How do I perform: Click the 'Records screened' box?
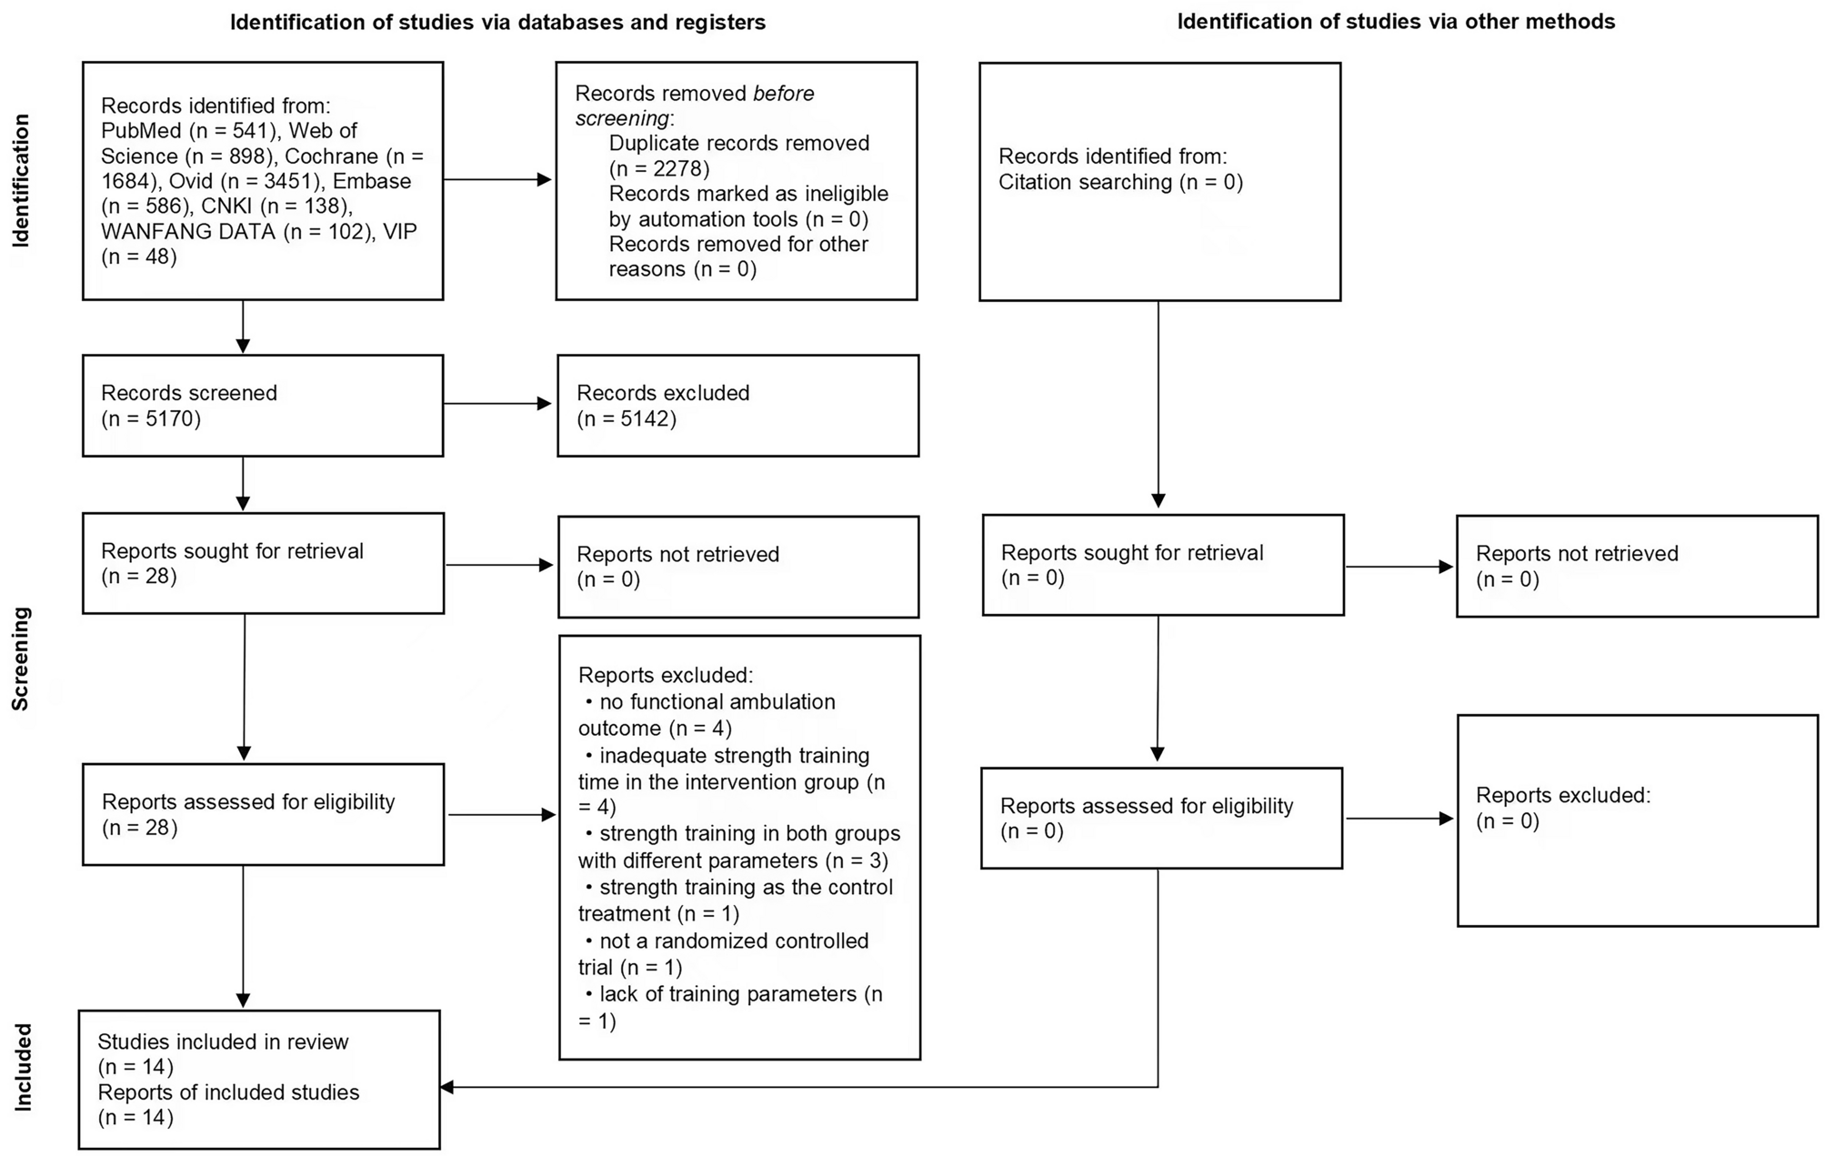point(262,406)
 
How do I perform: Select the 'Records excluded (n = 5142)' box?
point(737,406)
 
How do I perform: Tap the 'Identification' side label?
point(21,180)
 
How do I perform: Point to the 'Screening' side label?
point(21,659)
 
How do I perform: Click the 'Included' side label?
point(23,1067)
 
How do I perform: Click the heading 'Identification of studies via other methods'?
point(1395,22)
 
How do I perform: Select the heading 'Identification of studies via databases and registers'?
point(497,22)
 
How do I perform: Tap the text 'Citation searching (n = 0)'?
point(1120,182)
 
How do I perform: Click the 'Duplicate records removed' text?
point(738,143)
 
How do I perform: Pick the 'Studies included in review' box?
point(259,1080)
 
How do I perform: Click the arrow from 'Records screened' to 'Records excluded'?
point(498,405)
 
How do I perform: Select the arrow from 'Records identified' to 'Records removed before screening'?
point(498,179)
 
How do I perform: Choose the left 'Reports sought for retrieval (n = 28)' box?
point(262,563)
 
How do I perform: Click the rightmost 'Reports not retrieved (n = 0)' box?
point(1636,567)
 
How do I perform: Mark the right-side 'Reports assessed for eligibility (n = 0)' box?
point(1161,818)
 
